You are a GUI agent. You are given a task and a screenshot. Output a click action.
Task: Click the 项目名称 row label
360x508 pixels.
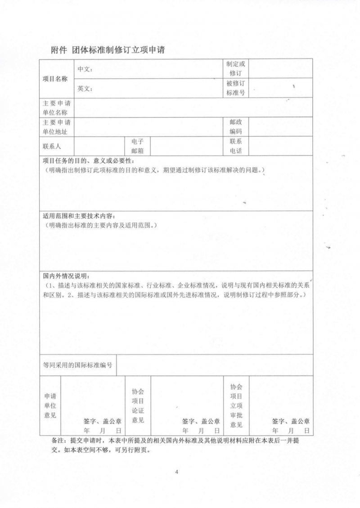55,79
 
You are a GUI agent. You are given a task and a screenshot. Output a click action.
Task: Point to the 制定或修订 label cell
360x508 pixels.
236,69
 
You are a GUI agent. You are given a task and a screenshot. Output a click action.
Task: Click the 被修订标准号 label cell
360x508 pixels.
236,88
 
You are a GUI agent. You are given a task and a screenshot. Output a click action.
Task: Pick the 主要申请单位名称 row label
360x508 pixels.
55,108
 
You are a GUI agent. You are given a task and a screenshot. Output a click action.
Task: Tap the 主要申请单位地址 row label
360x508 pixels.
55,127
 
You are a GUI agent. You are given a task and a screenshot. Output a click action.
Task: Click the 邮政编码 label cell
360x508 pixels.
236,127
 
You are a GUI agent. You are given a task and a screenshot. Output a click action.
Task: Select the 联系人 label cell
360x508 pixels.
52,147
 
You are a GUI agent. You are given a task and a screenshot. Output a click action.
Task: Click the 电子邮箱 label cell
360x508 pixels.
137,147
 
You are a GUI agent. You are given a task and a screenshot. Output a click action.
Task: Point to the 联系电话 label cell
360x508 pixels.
236,147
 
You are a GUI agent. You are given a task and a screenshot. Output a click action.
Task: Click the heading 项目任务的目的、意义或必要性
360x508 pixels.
88,161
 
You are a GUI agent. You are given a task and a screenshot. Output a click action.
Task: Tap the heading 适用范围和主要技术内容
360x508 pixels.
79,216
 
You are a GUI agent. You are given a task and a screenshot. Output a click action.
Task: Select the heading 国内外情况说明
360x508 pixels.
67,276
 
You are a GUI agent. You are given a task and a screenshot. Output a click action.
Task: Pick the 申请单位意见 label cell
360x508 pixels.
50,406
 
